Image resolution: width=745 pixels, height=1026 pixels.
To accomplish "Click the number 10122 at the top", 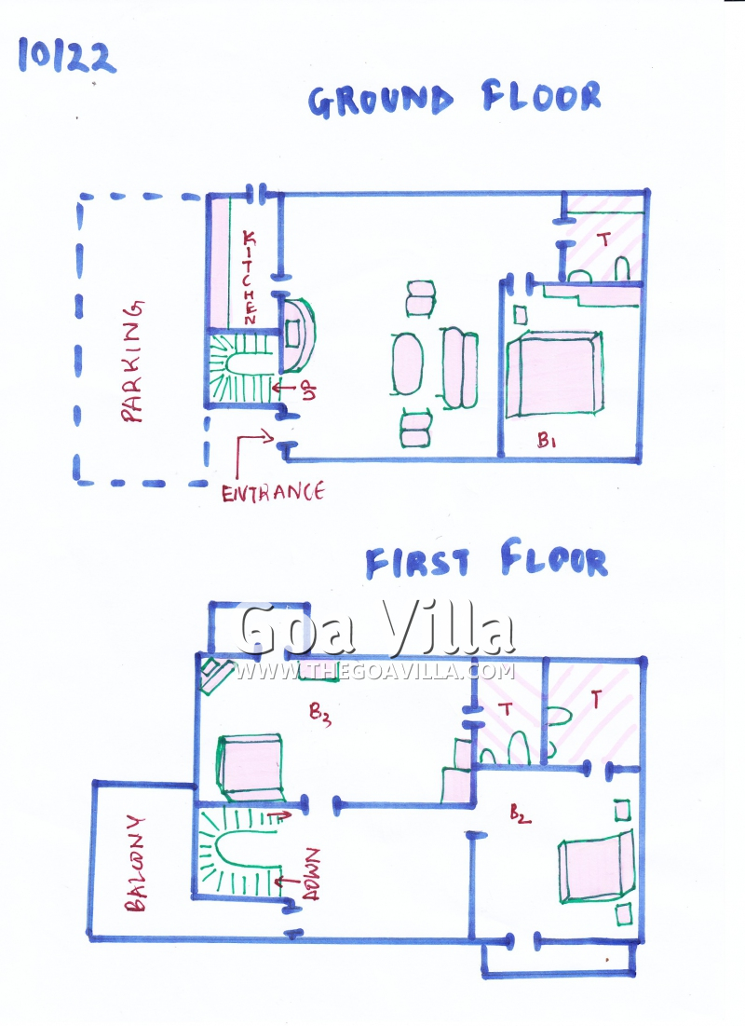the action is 67,56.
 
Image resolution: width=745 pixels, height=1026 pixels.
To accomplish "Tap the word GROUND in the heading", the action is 381,102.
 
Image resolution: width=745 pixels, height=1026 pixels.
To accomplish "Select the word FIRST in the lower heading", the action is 417,564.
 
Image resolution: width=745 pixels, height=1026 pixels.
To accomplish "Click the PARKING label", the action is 133,362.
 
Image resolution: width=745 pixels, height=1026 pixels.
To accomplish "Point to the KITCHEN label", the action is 250,277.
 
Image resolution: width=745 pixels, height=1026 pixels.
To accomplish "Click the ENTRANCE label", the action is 273,492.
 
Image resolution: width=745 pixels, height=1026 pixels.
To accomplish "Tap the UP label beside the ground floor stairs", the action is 309,390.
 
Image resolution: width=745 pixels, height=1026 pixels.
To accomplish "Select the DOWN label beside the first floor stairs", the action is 312,874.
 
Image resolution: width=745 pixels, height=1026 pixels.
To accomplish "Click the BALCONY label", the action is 135,863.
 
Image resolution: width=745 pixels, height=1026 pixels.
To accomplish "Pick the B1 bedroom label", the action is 546,441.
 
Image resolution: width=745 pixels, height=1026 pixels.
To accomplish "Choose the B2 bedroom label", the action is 520,814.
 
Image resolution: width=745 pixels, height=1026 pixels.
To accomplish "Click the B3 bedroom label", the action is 319,714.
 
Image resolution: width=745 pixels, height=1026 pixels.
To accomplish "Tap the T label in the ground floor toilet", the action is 605,239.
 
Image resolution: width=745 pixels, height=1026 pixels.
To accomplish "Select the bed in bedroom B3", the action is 251,768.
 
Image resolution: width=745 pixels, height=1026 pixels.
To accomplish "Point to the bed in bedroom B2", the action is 597,867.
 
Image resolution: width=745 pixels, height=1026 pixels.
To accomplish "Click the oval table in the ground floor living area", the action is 408,363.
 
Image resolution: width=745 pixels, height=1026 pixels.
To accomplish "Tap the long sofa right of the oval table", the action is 460,368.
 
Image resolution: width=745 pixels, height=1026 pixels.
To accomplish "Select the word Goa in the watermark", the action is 295,629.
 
